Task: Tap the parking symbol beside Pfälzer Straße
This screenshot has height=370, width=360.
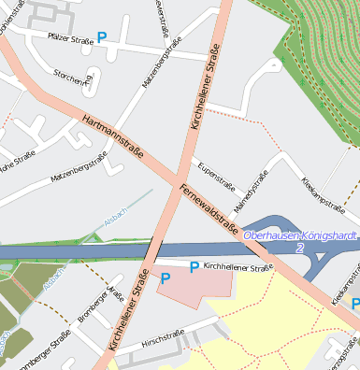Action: (102, 37)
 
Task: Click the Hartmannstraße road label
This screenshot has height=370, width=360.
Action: (113, 136)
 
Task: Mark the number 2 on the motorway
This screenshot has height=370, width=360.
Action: (299, 249)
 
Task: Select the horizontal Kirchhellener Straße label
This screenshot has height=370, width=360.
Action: (237, 267)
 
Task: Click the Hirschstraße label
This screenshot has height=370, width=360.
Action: (162, 336)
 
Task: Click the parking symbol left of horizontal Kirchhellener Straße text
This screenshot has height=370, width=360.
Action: (194, 267)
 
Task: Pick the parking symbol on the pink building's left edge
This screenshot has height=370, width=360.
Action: (166, 278)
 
